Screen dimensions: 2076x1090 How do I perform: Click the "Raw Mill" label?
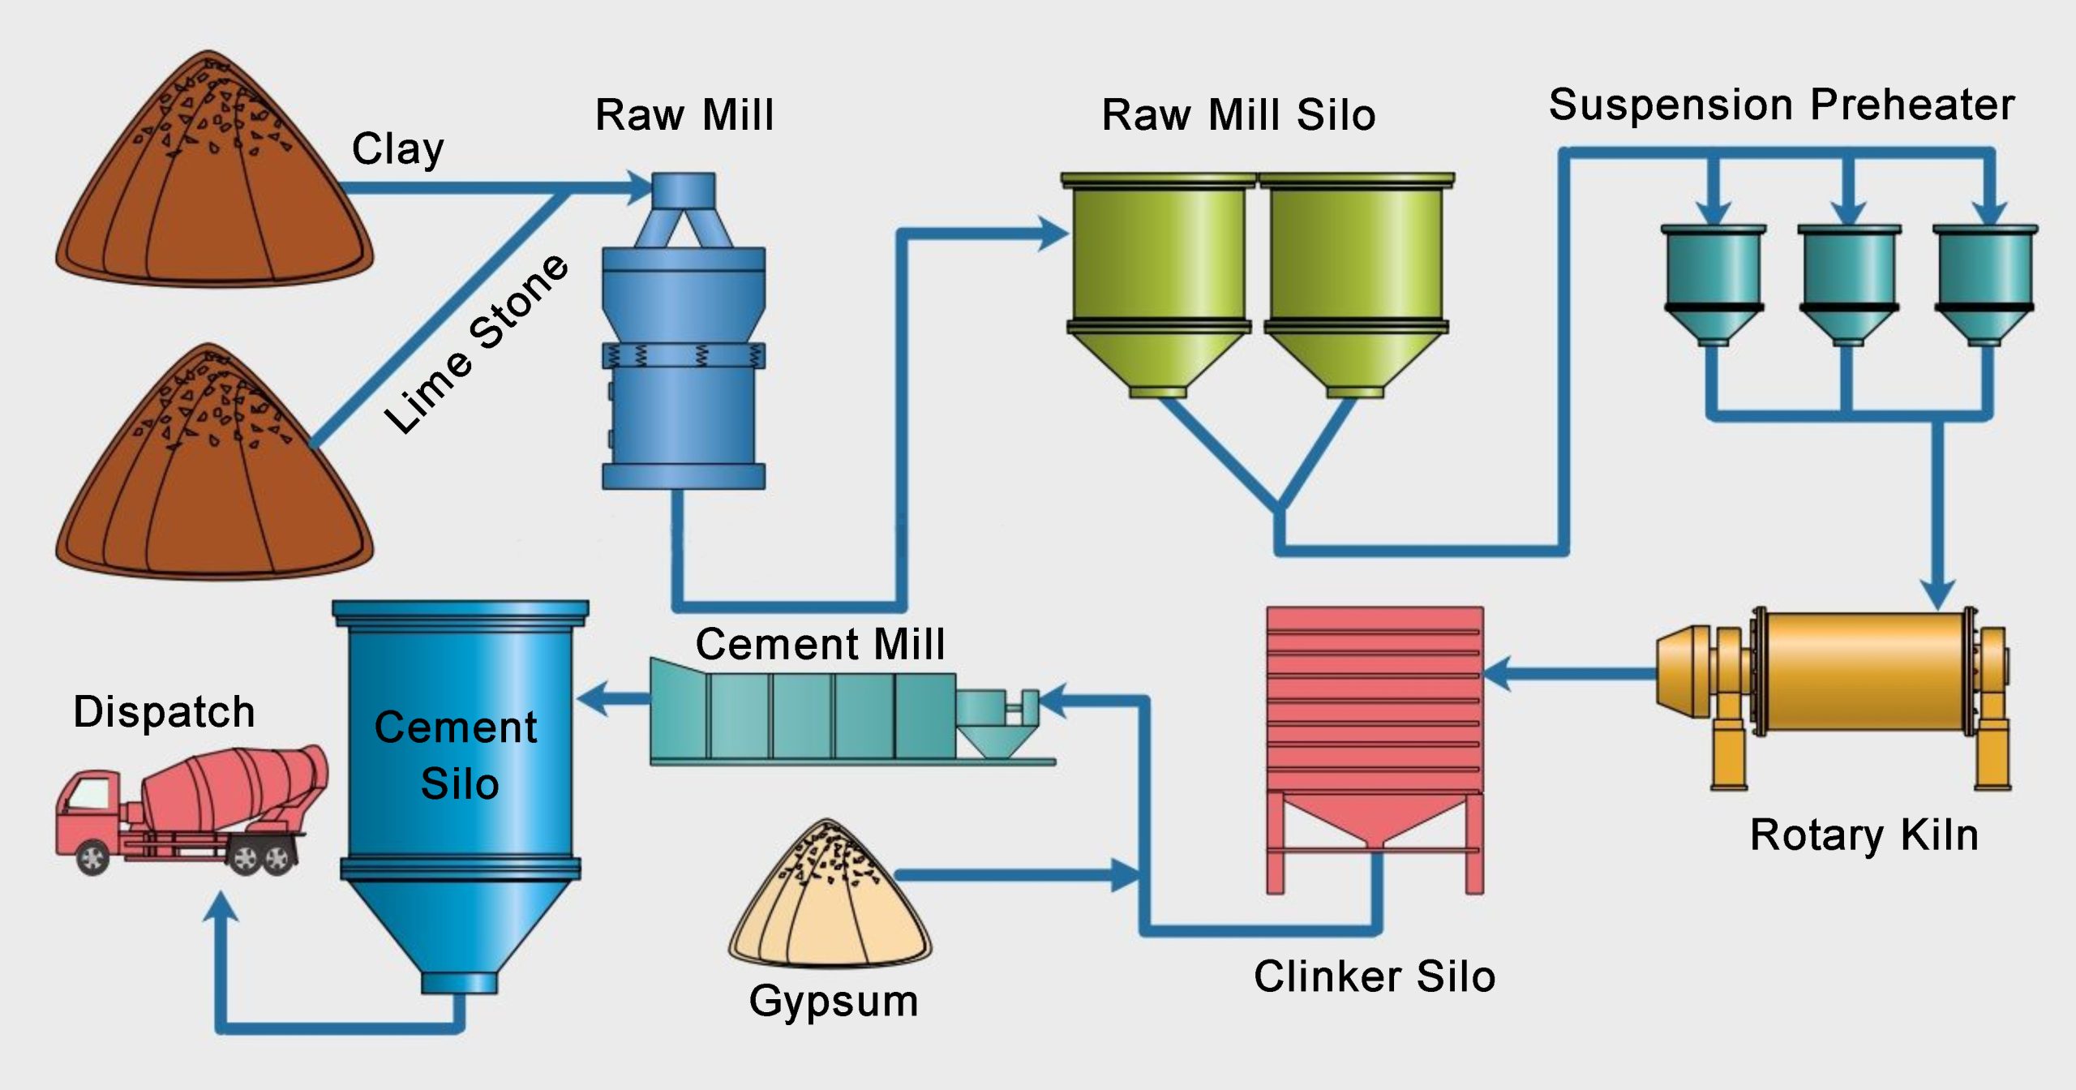coord(684,114)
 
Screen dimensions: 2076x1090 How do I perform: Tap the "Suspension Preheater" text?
coord(1782,105)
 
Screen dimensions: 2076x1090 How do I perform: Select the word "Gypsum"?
coord(834,1002)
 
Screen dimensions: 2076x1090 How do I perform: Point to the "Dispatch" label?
coord(165,712)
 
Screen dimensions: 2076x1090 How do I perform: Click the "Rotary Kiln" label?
coord(1864,835)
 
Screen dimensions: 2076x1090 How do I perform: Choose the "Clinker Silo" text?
coord(1375,976)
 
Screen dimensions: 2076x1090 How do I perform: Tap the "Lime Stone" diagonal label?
coord(477,344)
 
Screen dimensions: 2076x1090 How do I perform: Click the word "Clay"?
coord(398,149)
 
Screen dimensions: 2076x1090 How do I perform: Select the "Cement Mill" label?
coord(820,644)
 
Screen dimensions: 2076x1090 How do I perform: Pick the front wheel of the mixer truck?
coord(92,857)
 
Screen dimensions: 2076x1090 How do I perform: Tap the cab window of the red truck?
coord(89,792)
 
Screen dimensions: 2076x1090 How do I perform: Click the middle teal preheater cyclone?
coord(1849,285)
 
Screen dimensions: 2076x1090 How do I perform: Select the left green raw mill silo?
coord(1159,285)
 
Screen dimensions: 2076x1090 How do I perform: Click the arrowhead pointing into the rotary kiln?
coord(1938,595)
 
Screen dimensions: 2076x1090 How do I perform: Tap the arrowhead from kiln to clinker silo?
coord(1497,673)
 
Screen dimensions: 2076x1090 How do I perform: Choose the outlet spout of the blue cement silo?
coord(459,983)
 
